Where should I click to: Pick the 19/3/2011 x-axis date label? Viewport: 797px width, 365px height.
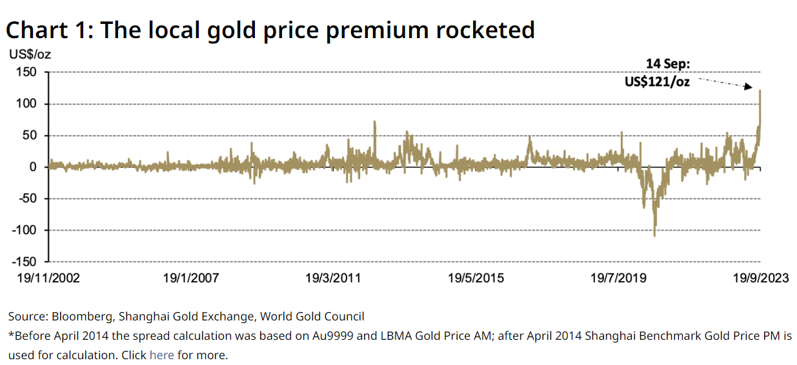coord(333,278)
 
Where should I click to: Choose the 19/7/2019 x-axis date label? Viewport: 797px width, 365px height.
coord(619,278)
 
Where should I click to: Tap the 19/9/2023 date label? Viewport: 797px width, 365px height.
coord(760,278)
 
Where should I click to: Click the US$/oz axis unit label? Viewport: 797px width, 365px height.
coord(29,54)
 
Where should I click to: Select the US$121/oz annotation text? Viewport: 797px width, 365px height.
coord(657,82)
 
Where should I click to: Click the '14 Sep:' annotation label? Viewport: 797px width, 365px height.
coord(668,64)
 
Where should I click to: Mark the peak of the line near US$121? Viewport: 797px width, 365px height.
coord(760,91)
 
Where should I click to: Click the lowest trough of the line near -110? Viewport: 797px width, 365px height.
coord(654,236)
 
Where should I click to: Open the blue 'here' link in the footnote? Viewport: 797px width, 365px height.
coord(161,355)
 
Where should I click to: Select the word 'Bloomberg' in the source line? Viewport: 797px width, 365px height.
coord(81,317)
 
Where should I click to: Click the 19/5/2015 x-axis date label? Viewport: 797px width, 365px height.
coord(476,278)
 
